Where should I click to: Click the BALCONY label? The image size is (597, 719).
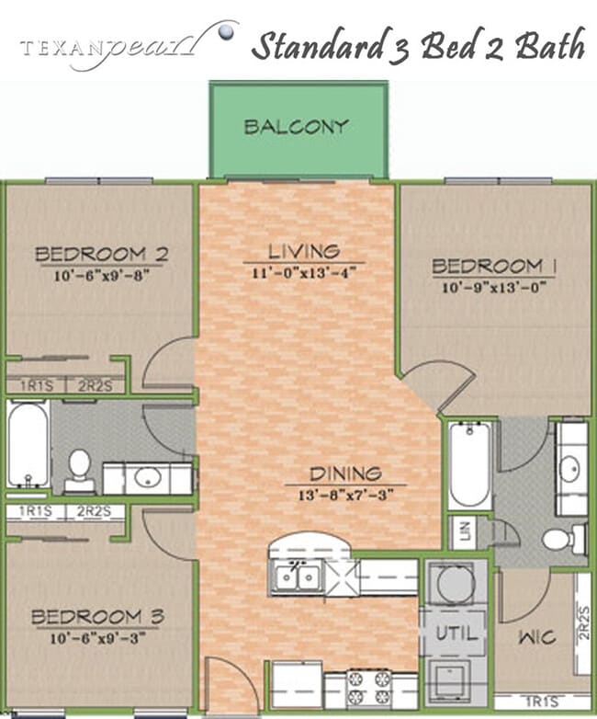[x=296, y=127]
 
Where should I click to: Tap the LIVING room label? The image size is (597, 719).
[x=304, y=250]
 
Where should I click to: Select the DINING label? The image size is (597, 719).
[x=344, y=474]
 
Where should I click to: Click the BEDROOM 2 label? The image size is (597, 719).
[x=100, y=254]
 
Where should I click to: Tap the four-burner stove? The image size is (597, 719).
[x=369, y=689]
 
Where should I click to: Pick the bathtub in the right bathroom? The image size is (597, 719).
[x=469, y=464]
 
